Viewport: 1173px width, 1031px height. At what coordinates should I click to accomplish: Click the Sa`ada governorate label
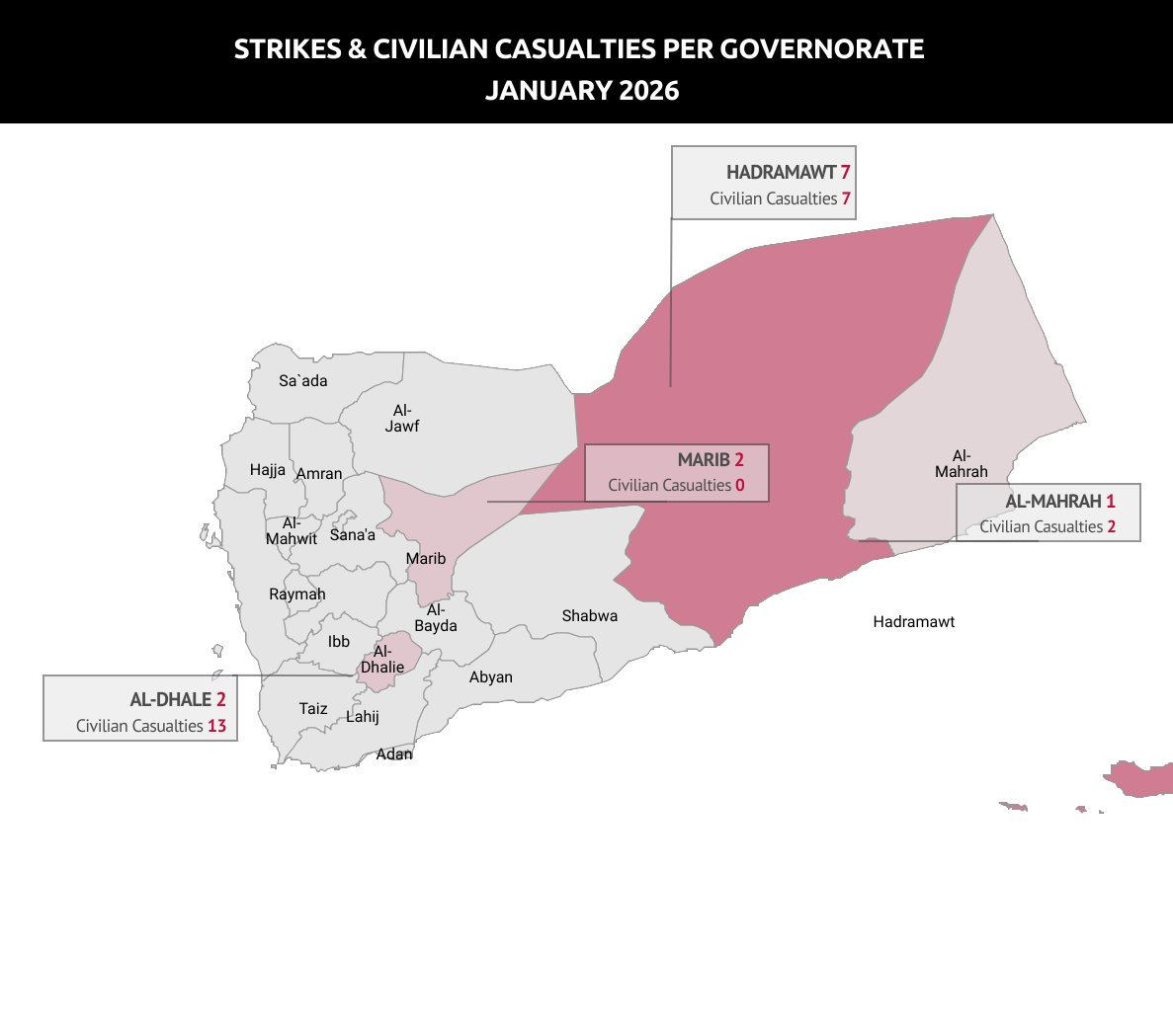pos(302,381)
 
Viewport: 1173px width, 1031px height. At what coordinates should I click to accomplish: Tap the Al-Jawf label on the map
pos(402,419)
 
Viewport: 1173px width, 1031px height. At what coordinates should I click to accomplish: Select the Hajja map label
pos(268,470)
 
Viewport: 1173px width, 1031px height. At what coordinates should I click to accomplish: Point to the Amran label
pos(319,474)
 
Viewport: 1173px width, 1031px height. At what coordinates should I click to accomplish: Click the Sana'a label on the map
pos(353,535)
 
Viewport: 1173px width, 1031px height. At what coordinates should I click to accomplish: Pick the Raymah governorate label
pos(296,595)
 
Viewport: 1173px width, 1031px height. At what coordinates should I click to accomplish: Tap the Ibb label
pos(339,642)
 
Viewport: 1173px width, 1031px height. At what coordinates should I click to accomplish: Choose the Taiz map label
pos(313,709)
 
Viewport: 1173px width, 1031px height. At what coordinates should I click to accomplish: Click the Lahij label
pos(363,717)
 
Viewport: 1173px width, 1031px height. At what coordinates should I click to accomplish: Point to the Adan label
pos(394,754)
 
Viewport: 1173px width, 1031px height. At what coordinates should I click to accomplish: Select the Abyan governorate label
pos(491,677)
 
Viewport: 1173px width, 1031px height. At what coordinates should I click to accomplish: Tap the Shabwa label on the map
pos(590,616)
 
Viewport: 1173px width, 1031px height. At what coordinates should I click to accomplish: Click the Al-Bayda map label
pos(436,618)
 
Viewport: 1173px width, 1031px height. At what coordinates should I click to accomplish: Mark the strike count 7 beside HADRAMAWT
pos(846,173)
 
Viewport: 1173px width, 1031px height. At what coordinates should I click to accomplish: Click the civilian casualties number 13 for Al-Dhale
pos(216,726)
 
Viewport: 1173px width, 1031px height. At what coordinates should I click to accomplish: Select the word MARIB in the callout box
pos(704,460)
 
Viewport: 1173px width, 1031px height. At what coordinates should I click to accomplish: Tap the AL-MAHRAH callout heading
pos(1052,502)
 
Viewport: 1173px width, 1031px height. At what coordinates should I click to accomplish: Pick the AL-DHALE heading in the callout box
pos(171,700)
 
